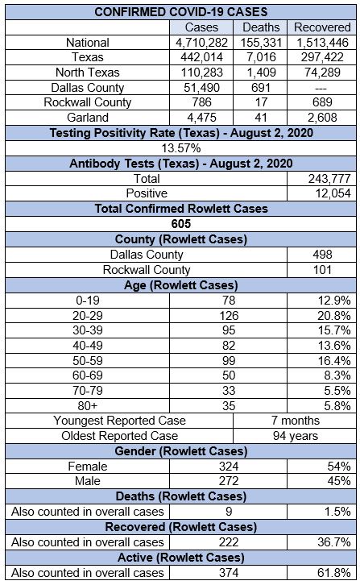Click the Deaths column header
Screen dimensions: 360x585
(x=261, y=27)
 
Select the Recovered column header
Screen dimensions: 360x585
(x=322, y=27)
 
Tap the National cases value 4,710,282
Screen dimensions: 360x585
(x=201, y=43)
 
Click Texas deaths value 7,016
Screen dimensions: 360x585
(x=261, y=57)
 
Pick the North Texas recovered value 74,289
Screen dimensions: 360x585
(x=322, y=73)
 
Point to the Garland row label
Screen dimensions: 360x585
(x=88, y=118)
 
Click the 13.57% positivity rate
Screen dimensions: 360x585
(x=181, y=148)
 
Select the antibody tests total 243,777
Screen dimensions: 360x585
(x=329, y=179)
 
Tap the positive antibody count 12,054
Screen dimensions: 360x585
(x=333, y=193)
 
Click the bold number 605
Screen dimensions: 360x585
(x=181, y=224)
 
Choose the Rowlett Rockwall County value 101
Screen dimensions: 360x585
(x=322, y=270)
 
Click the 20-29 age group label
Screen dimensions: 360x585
(x=88, y=316)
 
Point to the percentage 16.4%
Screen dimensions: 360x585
(x=334, y=361)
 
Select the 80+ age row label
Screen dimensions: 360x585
(x=88, y=405)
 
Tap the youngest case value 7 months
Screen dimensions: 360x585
(x=296, y=421)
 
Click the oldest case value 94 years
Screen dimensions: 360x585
(x=296, y=436)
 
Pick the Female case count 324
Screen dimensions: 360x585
(x=229, y=467)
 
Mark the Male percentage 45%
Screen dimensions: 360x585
(x=339, y=481)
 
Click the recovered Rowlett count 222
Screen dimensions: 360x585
(x=229, y=542)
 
